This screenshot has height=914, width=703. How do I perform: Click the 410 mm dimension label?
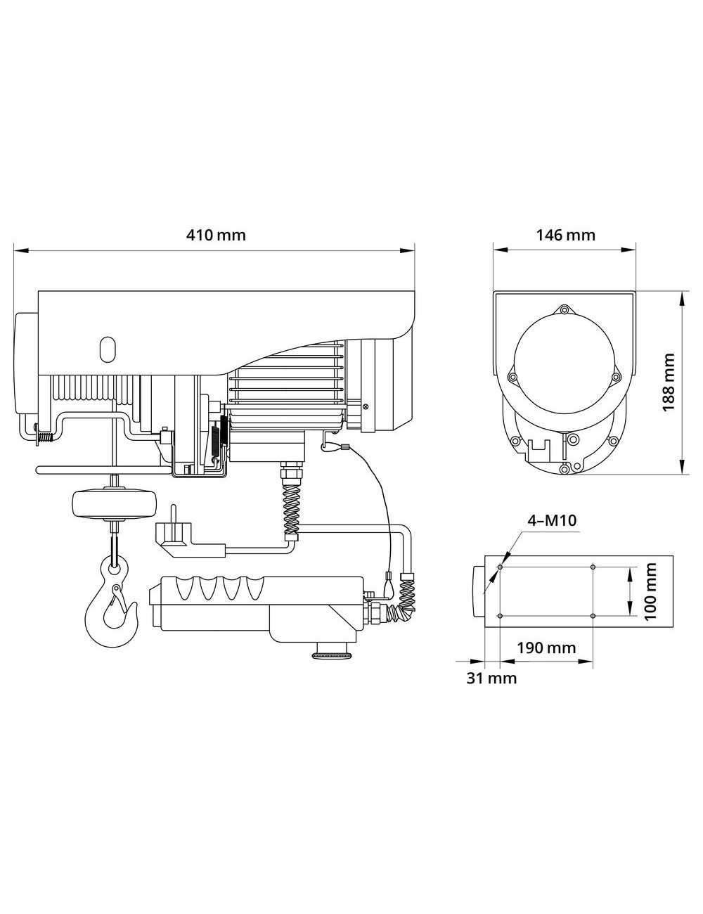216,235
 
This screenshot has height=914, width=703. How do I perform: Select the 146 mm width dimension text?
565,235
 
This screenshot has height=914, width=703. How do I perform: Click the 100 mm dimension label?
651,591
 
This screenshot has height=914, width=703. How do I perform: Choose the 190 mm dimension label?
547,647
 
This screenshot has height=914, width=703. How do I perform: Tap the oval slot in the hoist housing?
107,348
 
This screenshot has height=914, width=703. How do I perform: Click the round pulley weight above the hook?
112,504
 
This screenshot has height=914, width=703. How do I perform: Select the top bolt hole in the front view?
564,309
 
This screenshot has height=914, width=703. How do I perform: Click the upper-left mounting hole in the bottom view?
500,567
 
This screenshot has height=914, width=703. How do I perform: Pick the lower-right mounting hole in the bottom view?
593,616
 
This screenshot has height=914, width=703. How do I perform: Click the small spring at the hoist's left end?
44,437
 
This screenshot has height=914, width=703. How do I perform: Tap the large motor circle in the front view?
564,371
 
